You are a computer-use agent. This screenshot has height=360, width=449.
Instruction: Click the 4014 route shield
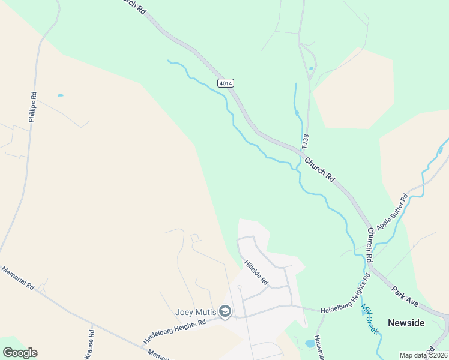[226, 83]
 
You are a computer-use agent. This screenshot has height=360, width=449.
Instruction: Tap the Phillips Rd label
[33, 107]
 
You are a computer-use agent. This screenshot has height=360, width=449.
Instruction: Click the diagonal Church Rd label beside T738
[319, 169]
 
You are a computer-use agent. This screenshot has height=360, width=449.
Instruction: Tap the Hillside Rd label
[256, 272]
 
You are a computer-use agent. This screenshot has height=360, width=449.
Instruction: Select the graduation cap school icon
[225, 311]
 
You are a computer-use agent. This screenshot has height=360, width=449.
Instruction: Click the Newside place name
[406, 323]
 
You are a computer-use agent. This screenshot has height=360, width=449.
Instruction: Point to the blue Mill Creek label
[369, 319]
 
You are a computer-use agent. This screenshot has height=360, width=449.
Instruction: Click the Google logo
[20, 353]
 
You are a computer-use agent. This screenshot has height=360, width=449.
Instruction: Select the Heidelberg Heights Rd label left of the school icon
[174, 331]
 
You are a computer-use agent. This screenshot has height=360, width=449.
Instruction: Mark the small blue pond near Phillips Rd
[60, 95]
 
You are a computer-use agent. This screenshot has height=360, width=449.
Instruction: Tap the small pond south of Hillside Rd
[309, 344]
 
